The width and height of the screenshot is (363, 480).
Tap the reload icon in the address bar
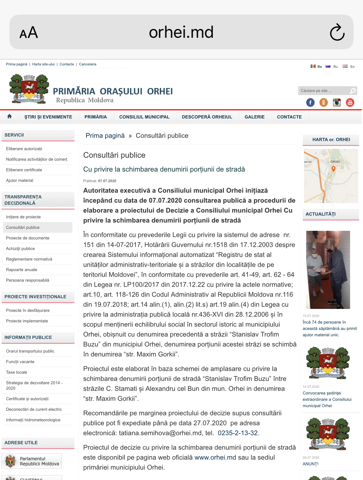[337, 32]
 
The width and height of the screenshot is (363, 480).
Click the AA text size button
[29, 33]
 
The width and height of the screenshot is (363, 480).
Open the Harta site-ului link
[43, 64]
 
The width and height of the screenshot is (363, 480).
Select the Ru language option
[332, 66]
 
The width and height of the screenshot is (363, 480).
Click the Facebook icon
[310, 103]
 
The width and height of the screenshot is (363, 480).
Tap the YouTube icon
[350, 103]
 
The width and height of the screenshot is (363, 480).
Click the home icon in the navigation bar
[9, 117]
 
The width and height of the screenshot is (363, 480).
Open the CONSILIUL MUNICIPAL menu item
[144, 117]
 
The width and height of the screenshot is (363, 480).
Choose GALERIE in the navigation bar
[254, 117]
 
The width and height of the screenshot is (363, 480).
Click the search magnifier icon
[353, 91]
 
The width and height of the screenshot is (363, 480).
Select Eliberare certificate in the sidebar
[24, 170]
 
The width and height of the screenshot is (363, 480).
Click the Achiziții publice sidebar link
[20, 249]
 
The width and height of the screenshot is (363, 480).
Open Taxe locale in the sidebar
[16, 372]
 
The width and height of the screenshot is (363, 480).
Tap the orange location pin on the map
[333, 169]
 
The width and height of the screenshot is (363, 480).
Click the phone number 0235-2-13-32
[238, 433]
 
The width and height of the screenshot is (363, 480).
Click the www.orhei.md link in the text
[215, 457]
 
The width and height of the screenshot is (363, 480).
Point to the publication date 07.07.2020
[107, 181]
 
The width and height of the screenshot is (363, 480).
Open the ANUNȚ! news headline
[310, 464]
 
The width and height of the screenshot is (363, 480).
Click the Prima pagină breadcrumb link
[105, 136]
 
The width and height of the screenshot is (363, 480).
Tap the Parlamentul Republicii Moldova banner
[32, 461]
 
